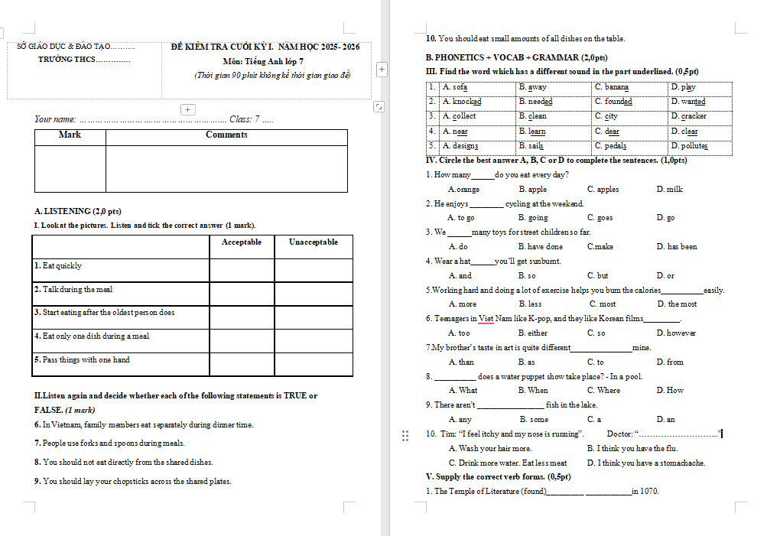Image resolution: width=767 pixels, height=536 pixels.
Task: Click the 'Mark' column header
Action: point(70,135)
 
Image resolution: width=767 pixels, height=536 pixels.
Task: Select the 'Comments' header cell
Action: point(226,135)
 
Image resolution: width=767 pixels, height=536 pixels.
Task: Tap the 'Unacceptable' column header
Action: point(313,242)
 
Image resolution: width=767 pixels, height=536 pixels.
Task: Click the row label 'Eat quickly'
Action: point(59,266)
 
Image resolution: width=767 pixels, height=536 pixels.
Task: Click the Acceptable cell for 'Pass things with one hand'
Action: point(242,364)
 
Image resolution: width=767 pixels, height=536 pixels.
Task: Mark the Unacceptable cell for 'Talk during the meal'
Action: point(314,294)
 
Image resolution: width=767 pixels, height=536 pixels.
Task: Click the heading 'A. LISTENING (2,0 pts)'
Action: point(78,211)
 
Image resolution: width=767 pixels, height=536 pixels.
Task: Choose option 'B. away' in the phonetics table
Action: point(533,87)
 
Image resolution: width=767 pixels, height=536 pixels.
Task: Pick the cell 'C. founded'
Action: point(613,102)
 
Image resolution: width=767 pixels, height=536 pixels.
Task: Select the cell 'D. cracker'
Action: point(689,116)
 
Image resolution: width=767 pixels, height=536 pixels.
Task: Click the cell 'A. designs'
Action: point(461,145)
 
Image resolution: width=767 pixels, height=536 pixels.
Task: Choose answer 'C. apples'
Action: point(603,190)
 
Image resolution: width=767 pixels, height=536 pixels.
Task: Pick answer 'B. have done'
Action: point(541,247)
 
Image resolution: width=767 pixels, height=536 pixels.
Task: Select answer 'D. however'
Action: point(677,333)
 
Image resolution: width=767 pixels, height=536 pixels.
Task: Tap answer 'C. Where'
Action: point(604,391)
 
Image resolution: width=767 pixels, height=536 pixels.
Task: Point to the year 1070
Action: point(649,492)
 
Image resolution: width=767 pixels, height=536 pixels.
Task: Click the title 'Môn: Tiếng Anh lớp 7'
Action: point(263,61)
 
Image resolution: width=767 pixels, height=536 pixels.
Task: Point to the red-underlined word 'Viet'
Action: point(486,319)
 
